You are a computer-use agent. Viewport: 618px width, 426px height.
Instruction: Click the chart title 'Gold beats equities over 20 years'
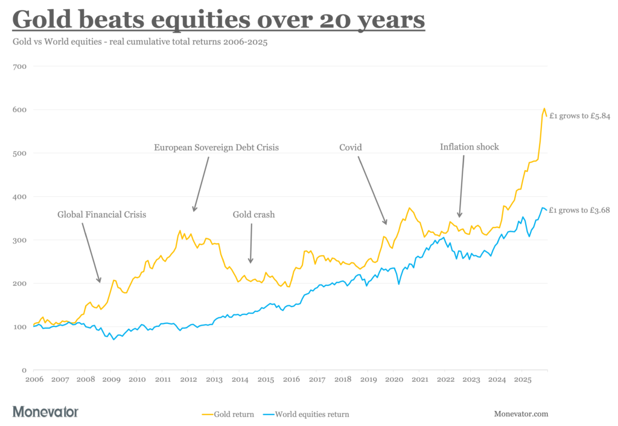218,19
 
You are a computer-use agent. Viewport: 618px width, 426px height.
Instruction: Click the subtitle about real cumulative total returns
139,42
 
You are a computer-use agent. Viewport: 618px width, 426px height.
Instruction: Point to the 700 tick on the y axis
20,66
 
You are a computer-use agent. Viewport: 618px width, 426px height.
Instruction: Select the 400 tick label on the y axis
20,197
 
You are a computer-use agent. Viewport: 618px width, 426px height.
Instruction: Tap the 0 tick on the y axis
24,370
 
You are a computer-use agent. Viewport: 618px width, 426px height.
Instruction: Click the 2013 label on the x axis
214,380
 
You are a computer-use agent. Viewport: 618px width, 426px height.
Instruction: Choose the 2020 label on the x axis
393,380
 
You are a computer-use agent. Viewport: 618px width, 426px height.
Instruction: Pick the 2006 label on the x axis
34,380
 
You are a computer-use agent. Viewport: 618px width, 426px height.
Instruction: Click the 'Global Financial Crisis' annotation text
101,214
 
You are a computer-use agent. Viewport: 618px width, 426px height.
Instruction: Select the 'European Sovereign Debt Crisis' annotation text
216,147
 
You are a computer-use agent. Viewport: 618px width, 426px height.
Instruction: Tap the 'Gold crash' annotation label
253,214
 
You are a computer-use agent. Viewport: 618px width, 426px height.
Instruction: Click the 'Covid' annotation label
350,147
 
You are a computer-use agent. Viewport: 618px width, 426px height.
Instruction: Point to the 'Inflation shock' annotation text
469,147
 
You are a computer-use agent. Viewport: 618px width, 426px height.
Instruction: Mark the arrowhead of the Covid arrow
386,223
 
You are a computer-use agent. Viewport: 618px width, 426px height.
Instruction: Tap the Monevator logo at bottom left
45,412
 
